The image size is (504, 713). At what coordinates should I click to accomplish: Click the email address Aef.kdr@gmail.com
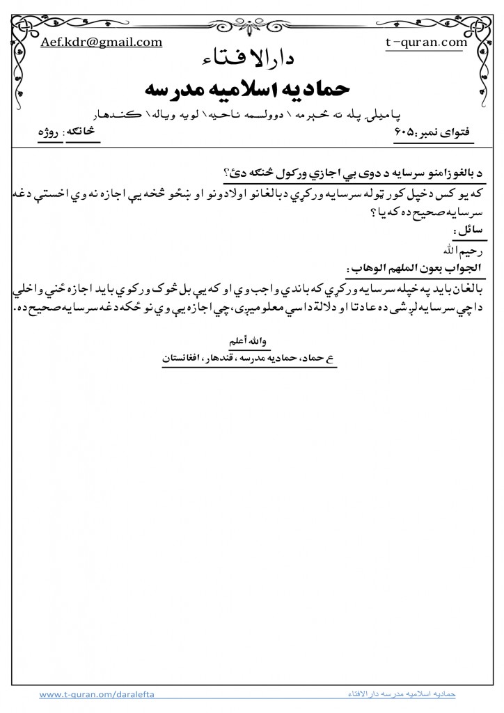click(x=102, y=42)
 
